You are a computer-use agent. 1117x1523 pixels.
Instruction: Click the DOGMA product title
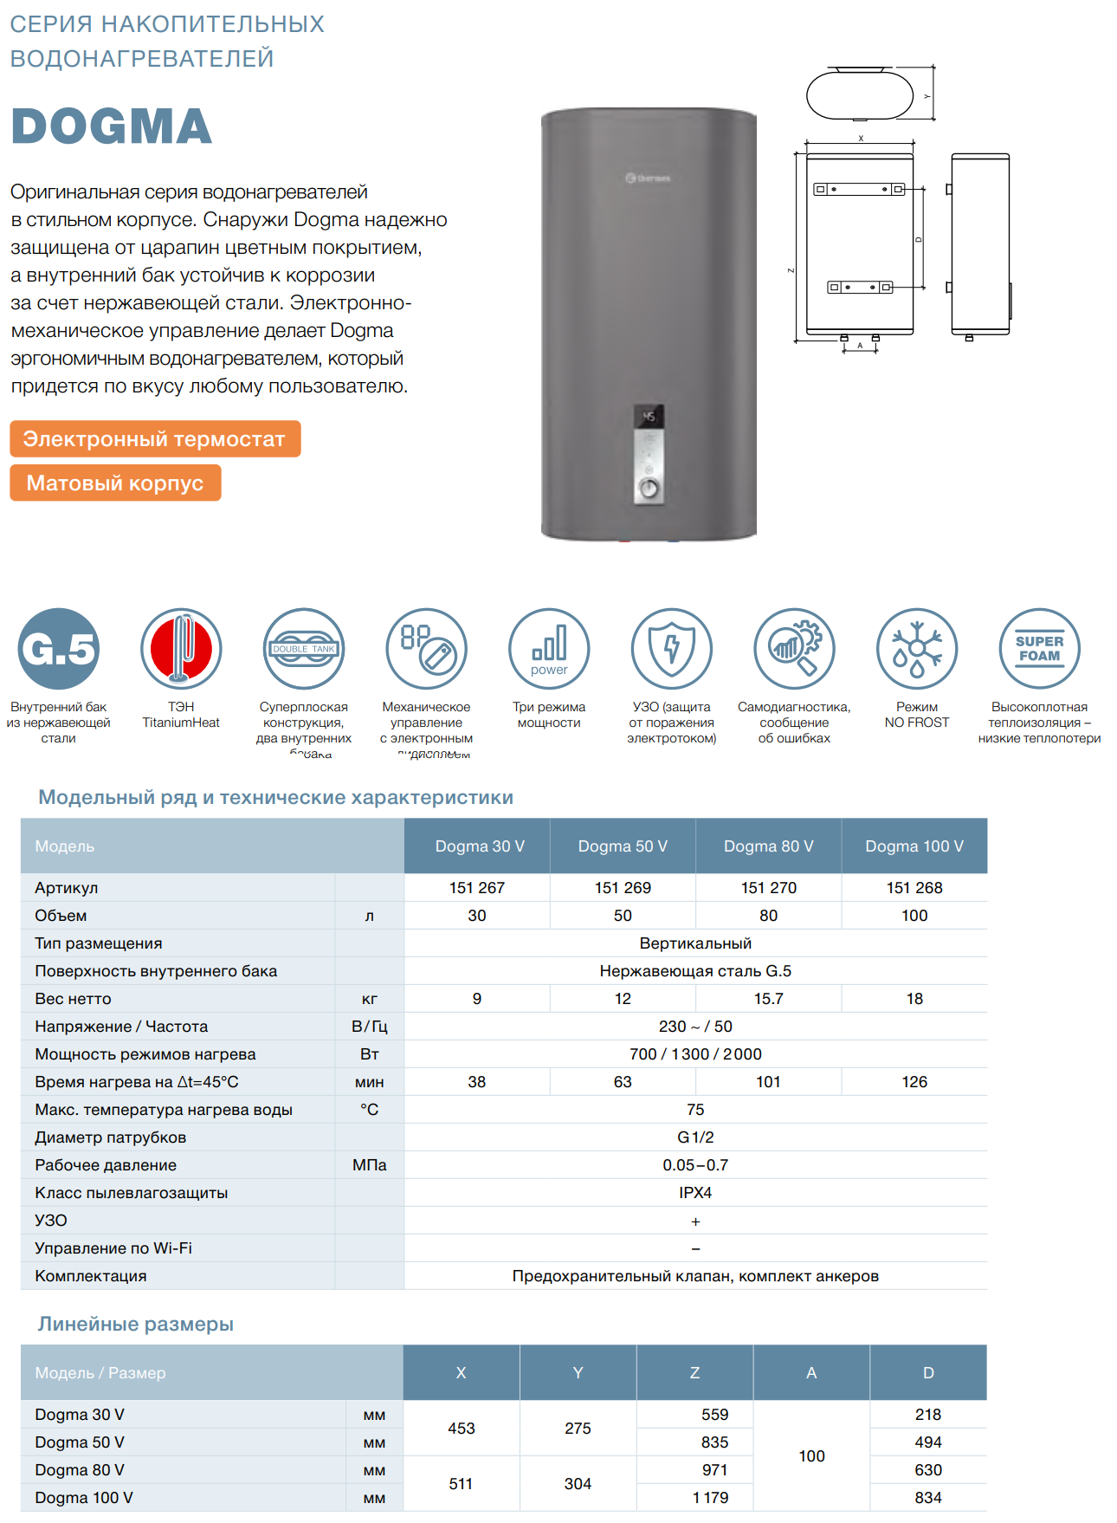(x=112, y=126)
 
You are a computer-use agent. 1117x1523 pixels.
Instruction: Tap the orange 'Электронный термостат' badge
(x=155, y=439)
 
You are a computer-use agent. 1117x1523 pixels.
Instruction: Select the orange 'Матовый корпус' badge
(x=115, y=483)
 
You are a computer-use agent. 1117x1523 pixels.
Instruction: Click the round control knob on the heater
(x=649, y=489)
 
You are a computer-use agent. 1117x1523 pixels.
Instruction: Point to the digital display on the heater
(x=649, y=417)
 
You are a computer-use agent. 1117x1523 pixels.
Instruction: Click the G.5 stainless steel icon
(x=59, y=649)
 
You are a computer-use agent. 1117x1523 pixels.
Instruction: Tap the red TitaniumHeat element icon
(x=181, y=649)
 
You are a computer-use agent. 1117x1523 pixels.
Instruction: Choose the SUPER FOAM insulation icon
(x=1039, y=649)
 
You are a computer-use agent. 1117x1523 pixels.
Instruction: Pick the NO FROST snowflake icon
(x=916, y=649)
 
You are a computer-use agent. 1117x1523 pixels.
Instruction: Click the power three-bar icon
(x=549, y=649)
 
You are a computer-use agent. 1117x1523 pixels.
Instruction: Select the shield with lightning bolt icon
(x=672, y=649)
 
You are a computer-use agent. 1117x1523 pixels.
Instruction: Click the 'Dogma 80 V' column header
(x=768, y=846)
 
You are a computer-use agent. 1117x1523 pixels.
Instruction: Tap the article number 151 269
(x=623, y=888)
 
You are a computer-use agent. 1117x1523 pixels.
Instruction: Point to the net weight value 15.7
(x=768, y=999)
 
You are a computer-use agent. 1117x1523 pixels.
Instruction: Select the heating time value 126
(x=914, y=1082)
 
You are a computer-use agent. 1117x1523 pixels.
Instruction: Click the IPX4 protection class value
(x=695, y=1193)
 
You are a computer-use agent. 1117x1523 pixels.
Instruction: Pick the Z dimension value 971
(x=714, y=1470)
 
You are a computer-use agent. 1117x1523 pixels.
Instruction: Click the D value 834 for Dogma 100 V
(x=928, y=1498)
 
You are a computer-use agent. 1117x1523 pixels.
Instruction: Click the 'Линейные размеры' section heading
(x=136, y=1324)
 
